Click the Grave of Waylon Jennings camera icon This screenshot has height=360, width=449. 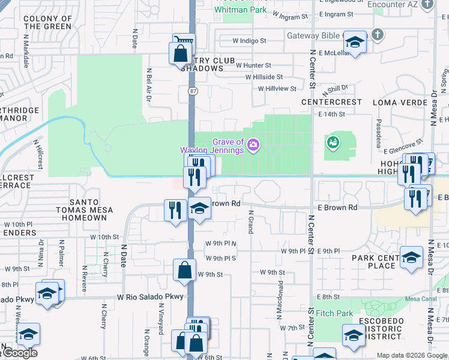coord(254,145)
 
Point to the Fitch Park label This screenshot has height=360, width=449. coord(334,313)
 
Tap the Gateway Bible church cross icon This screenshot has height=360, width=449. coord(376,34)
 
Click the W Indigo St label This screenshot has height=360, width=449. coord(250,41)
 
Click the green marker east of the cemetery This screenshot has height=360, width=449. coord(332,142)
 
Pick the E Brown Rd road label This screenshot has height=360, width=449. coord(338,208)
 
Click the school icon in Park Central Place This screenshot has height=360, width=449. coord(411,257)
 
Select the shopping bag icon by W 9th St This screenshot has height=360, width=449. coord(184,269)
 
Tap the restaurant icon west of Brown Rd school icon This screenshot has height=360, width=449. coord(175,210)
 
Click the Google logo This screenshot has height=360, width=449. coord(19,353)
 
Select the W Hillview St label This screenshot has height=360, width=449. coord(277,89)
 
